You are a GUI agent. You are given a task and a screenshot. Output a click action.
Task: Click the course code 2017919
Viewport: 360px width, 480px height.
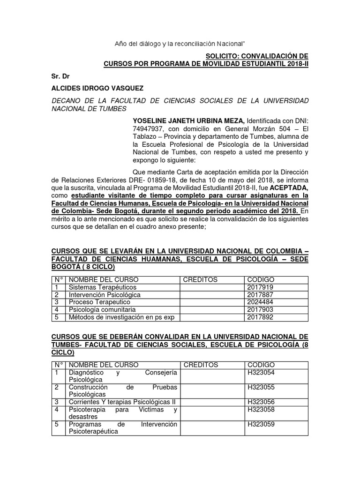[x=260, y=287]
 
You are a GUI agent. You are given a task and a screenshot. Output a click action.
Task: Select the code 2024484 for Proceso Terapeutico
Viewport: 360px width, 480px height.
[x=260, y=302]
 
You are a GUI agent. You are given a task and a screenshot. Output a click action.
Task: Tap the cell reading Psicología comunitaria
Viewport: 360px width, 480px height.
[x=102, y=309]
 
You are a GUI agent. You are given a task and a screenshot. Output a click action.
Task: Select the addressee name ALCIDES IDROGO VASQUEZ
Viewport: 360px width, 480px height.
[x=97, y=88]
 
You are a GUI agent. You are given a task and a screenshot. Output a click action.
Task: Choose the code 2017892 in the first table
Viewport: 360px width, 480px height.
[x=260, y=317]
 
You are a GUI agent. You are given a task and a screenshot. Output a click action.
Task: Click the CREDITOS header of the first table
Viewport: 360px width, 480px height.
[x=200, y=279]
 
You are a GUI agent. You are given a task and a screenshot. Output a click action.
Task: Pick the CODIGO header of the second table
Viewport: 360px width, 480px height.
[x=261, y=365]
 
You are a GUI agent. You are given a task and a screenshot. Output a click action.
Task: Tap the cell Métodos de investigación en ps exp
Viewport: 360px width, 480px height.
[x=121, y=317]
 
